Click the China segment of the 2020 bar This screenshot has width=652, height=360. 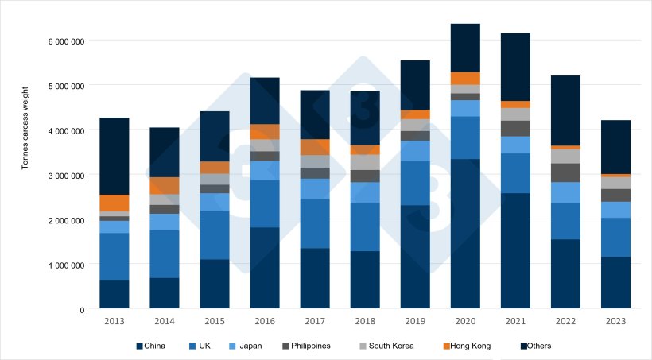point(465,234)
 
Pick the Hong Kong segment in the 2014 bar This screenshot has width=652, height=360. point(165,186)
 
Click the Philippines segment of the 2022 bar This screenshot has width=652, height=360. point(565,172)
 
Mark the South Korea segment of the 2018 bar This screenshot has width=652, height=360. point(365,162)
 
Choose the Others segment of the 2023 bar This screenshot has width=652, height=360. point(615,147)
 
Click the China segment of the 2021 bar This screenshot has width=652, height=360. point(515,250)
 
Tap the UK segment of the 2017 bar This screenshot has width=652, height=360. point(315,223)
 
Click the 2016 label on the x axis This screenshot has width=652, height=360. point(265,321)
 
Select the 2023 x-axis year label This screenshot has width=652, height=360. point(615,321)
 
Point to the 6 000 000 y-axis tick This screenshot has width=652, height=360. point(67,41)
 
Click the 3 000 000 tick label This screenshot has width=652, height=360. point(67,175)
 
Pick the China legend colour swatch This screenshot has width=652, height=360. point(140,346)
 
